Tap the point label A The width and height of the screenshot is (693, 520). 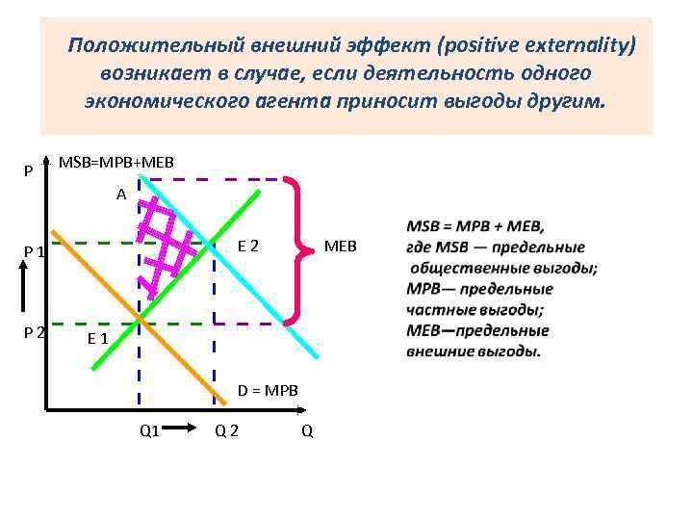coord(121,195)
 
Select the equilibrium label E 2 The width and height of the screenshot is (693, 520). coord(247,246)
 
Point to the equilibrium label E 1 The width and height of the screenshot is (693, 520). coord(97,338)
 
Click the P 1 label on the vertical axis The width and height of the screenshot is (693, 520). coord(35,252)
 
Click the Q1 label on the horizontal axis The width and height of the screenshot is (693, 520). coord(149,430)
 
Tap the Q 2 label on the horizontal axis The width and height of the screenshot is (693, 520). coord(227,430)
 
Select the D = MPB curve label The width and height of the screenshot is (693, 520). coord(269,390)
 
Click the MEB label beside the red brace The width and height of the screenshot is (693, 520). coord(340,247)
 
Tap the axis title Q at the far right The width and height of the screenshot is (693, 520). coord(306,430)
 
